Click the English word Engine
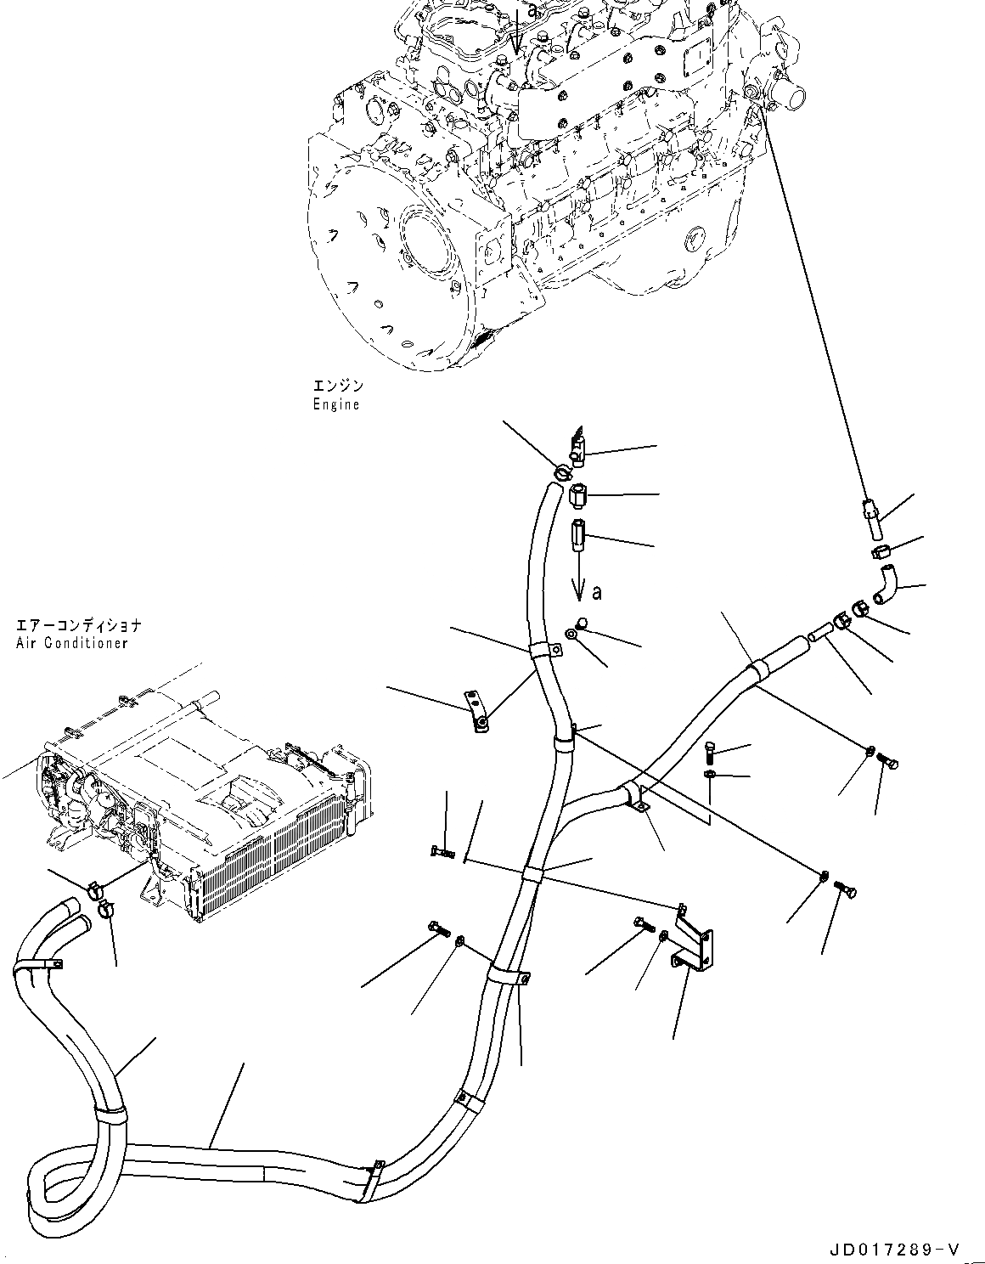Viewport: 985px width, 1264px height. click(x=335, y=405)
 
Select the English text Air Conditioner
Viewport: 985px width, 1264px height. click(x=71, y=643)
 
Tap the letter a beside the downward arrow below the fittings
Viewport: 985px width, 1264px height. click(x=597, y=592)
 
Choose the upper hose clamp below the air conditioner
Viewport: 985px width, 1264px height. click(x=96, y=890)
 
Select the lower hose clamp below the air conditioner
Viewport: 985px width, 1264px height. click(x=107, y=910)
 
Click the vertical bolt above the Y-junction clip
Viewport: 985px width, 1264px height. click(x=712, y=751)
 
